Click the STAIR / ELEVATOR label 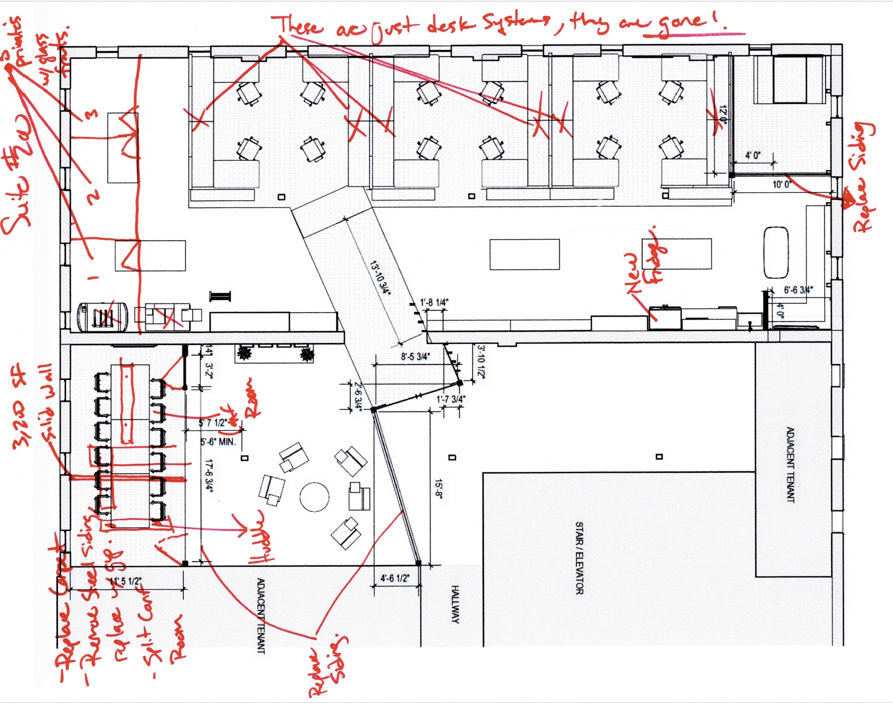(579, 558)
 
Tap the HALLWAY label (455, 604)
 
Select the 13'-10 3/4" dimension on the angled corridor (380, 278)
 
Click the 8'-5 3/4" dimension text (415, 356)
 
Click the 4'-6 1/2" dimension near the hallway (395, 578)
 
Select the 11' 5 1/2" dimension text (125, 581)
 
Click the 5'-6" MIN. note (218, 442)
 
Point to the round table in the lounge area (315, 497)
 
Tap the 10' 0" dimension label (782, 184)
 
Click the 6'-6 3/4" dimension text (798, 290)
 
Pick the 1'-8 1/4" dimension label (434, 302)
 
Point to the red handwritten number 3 (90, 115)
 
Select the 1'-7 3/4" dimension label (451, 399)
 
